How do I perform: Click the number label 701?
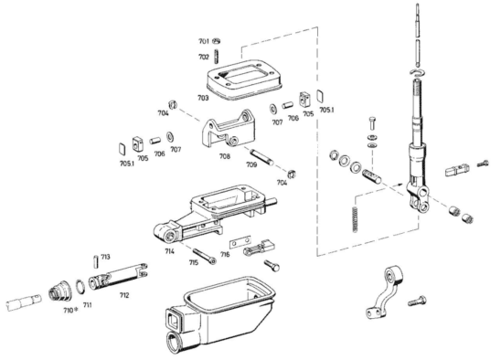click(x=203, y=41)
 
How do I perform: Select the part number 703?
click(x=203, y=98)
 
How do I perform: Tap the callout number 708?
click(x=225, y=156)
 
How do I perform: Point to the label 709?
click(x=251, y=164)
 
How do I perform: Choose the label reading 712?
click(x=124, y=295)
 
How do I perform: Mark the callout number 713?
click(x=105, y=257)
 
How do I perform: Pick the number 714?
click(x=170, y=250)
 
